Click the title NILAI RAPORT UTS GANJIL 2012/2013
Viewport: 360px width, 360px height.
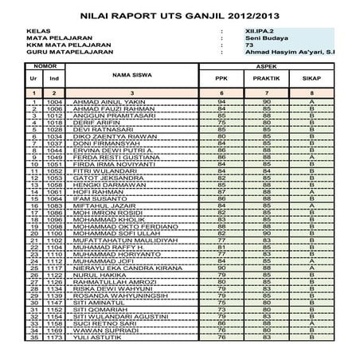180,14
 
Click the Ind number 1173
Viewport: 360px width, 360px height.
54,338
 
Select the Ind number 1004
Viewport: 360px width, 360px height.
54,103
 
